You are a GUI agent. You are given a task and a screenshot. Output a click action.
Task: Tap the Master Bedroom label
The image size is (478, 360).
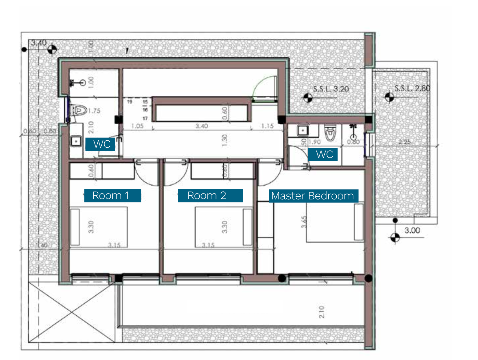pyautogui.click(x=313, y=196)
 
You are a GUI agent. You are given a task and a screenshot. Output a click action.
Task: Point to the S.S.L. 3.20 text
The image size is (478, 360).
pyautogui.click(x=331, y=89)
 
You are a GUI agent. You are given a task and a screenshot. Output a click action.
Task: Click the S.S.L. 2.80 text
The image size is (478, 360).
pyautogui.click(x=412, y=89)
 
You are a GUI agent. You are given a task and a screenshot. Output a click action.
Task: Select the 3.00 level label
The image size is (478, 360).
pyautogui.click(x=412, y=230)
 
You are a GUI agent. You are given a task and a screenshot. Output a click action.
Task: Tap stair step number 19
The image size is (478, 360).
pyautogui.click(x=130, y=102)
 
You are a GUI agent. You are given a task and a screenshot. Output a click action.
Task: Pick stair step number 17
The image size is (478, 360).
pyautogui.click(x=145, y=118)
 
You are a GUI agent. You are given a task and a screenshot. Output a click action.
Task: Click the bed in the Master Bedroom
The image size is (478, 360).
pyautogui.click(x=335, y=222)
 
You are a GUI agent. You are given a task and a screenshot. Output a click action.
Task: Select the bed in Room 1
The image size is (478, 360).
pyautogui.click(x=99, y=226)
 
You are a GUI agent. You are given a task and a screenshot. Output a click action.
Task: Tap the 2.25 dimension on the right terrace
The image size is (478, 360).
pyautogui.click(x=404, y=142)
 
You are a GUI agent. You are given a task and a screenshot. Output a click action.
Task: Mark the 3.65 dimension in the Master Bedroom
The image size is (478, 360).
pyautogui.click(x=304, y=222)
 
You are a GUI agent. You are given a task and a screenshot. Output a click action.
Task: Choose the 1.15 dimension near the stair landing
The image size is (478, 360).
pyautogui.click(x=267, y=126)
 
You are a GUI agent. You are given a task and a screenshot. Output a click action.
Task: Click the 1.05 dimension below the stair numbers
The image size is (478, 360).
pyautogui.click(x=137, y=126)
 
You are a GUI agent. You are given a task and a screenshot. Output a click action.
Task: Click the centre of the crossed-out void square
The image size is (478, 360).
pyautogui.click(x=72, y=313)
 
